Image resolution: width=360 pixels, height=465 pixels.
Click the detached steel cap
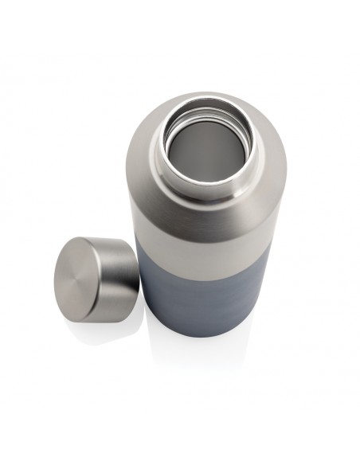(92, 275)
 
